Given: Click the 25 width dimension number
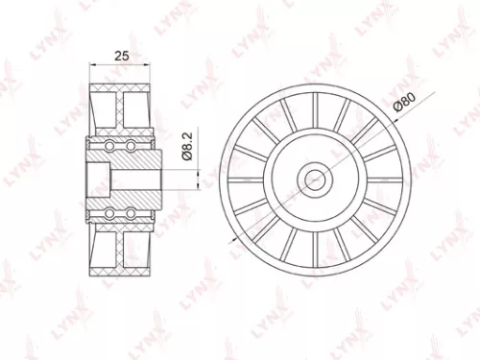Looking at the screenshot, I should coord(121,56).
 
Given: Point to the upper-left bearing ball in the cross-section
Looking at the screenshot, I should coord(110,146).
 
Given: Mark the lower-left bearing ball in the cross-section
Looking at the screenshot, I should coord(110,211).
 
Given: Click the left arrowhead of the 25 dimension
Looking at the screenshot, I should coord(92,66).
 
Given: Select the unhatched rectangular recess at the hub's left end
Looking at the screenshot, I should coord(98,179).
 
